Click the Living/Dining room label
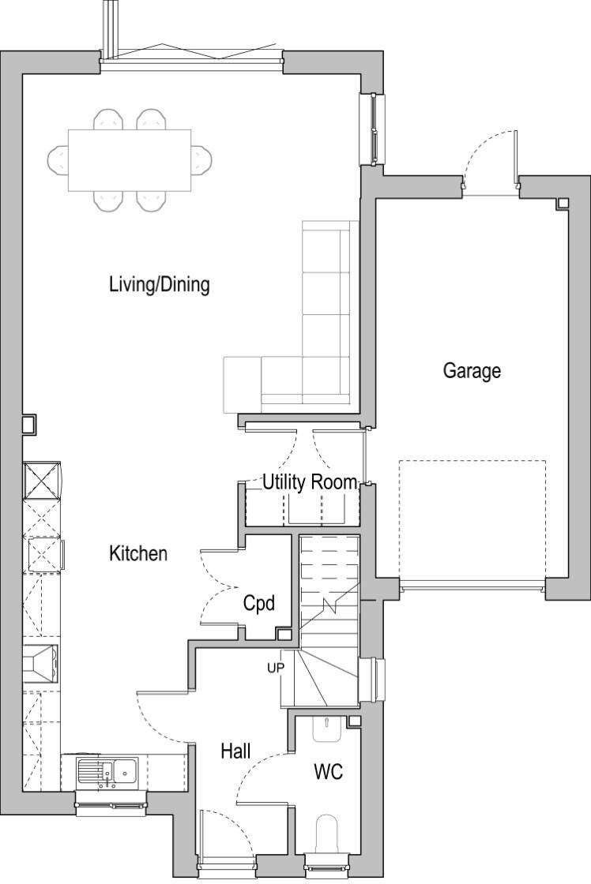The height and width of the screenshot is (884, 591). click(159, 284)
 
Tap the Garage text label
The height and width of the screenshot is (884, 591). click(471, 370)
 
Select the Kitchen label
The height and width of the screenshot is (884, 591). click(138, 553)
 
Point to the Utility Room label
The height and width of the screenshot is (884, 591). click(309, 482)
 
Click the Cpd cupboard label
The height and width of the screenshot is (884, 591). click(258, 604)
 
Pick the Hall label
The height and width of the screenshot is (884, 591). click(235, 751)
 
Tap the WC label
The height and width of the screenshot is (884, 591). click(328, 772)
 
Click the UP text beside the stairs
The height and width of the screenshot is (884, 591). click(275, 667)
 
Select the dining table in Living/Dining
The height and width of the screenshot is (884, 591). click(130, 160)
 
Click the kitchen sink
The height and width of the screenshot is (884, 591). click(107, 770)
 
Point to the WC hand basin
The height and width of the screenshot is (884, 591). click(327, 729)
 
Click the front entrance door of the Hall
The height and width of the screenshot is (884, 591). click(225, 833)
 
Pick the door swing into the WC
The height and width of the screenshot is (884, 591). click(261, 777)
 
